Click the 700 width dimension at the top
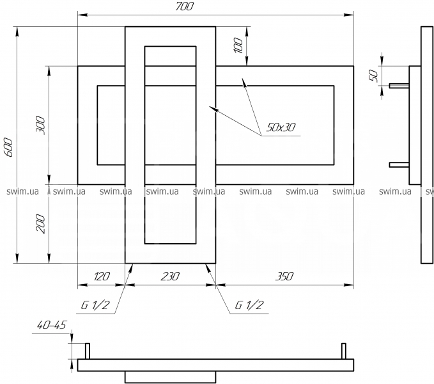[185, 6]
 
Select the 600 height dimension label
[9, 147]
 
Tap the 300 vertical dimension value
[41, 125]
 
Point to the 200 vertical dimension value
[41, 223]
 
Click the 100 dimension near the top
[238, 45]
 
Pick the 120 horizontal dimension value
[102, 276]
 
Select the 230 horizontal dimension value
[170, 276]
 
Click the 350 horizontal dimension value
[284, 276]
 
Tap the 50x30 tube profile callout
[281, 127]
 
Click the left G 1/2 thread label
[95, 305]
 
